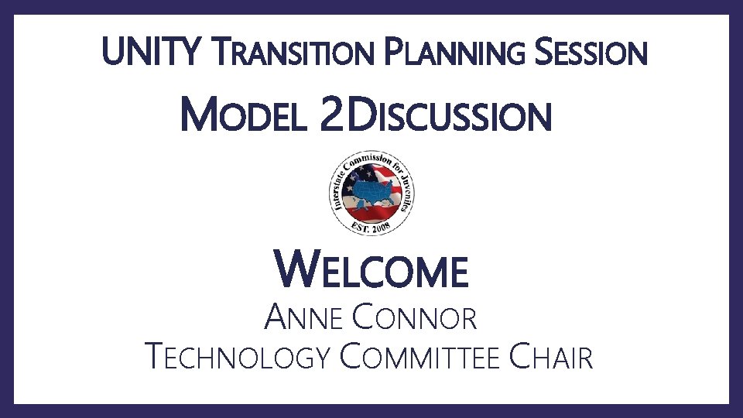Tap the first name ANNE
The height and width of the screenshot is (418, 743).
pos(303,317)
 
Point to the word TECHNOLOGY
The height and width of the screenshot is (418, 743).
pos(239,358)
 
